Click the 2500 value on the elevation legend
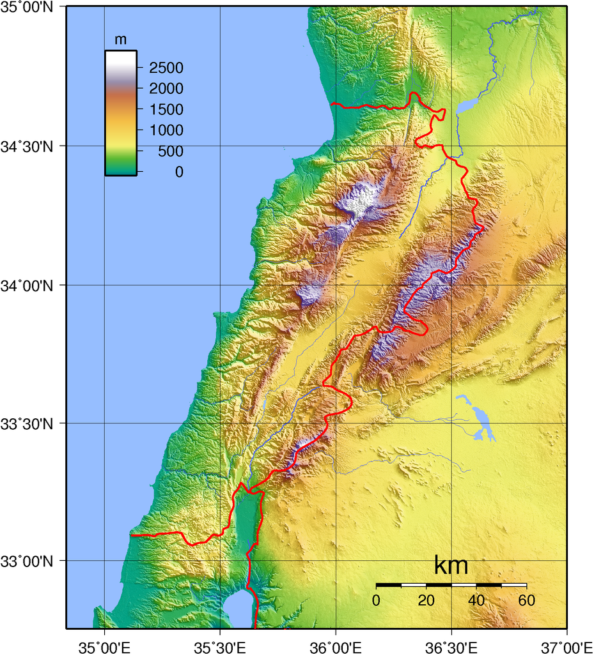pos(166,68)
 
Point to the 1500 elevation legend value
pos(166,110)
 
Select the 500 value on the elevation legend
pos(170,151)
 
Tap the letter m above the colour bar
pos(120,40)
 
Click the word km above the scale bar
pos(451,566)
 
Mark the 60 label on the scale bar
pos(526,600)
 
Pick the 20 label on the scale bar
pos(426,600)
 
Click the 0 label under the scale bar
pos(376,600)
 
